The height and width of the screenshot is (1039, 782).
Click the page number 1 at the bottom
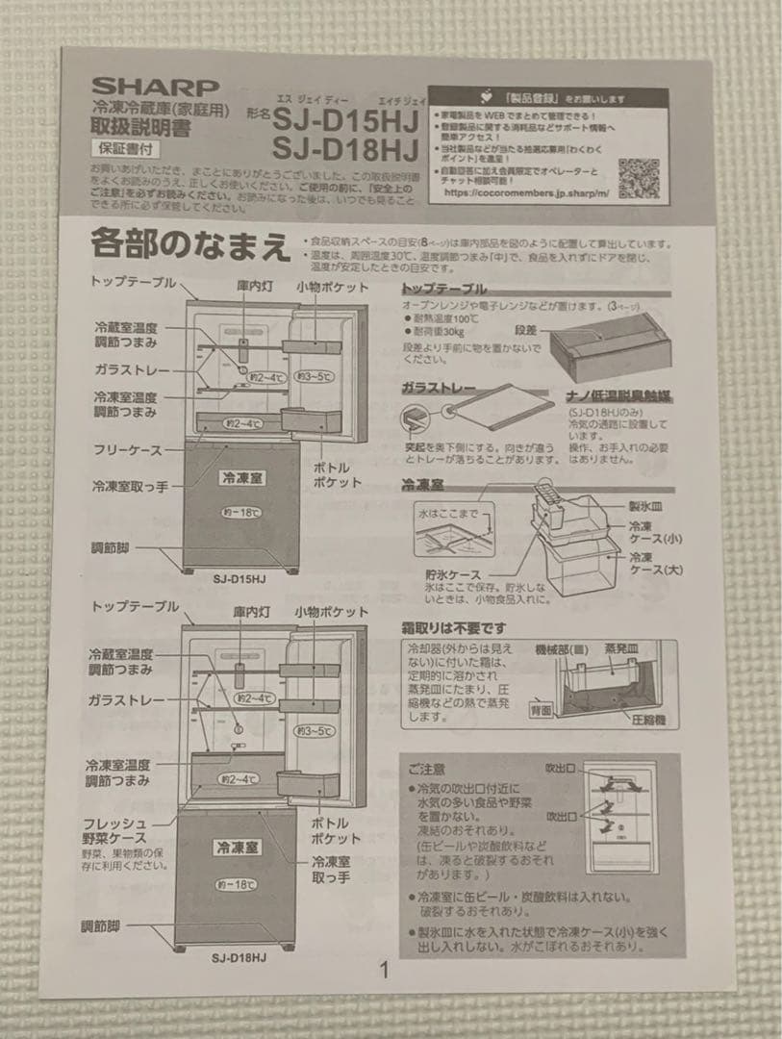385,970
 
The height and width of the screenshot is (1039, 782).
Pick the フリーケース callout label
127,449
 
